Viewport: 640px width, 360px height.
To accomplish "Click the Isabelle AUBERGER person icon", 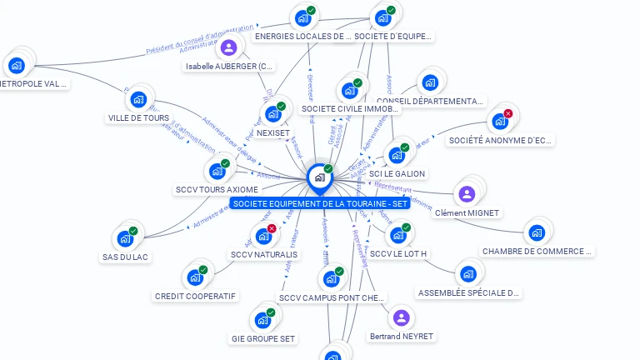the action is point(228,47).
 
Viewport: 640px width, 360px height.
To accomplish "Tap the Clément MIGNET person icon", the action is point(467,194).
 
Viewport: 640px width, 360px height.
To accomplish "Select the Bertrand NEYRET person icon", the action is point(401,317).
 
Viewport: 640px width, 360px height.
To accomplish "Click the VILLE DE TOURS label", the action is point(138,118).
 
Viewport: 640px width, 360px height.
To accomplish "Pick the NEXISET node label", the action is point(273,132).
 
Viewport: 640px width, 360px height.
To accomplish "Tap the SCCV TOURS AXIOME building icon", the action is point(217,171).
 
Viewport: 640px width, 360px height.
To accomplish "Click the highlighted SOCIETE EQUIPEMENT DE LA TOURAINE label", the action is point(320,204).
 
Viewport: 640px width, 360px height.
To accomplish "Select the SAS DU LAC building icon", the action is point(125,238).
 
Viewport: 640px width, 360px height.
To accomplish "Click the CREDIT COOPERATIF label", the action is point(196,296).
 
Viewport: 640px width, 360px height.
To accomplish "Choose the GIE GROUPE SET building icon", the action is point(262,320).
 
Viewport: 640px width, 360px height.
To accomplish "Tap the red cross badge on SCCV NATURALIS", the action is point(272,228).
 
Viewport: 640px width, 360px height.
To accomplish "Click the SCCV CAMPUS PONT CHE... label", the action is point(332,297).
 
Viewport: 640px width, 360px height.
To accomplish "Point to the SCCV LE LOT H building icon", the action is point(397,235).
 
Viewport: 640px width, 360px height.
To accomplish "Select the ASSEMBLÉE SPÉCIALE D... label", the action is point(468,293).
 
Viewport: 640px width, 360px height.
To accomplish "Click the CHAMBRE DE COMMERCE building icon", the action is point(536,232).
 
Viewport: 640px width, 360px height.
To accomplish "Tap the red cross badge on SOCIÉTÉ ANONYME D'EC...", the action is point(507,114).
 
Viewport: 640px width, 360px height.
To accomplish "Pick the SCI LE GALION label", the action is point(397,174).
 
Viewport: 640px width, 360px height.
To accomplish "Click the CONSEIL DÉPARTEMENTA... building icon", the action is point(429,82).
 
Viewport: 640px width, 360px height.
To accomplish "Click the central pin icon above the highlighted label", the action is point(319,177).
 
